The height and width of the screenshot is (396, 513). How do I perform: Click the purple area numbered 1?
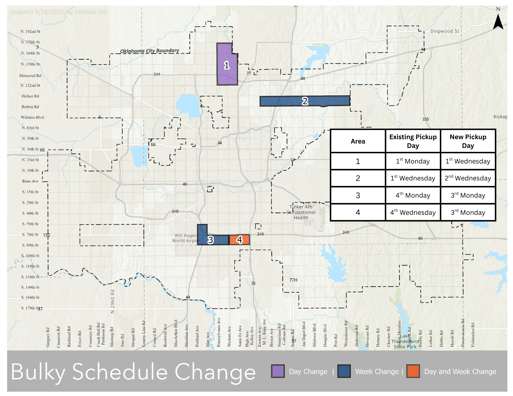coord(227,65)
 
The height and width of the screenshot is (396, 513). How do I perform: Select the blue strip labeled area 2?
coord(305,101)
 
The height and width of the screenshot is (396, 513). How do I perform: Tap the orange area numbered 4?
coord(239,240)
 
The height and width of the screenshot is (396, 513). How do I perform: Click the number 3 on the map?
coord(210,240)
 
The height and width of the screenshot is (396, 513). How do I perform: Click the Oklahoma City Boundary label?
coord(150,51)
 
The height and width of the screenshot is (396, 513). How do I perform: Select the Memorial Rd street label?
coord(30,76)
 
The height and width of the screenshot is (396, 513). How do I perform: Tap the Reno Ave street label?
coord(30,181)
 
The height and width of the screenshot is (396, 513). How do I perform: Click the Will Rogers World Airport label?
coord(186,238)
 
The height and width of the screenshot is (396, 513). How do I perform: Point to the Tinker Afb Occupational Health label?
coord(301,212)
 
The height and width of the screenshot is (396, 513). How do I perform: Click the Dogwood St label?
coord(444,31)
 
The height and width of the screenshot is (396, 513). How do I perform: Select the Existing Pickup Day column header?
coord(413,141)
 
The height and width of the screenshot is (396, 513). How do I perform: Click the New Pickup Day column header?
coord(468,141)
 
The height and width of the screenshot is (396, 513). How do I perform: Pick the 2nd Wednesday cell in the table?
coord(468,178)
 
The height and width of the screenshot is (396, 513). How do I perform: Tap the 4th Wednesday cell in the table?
coord(413,212)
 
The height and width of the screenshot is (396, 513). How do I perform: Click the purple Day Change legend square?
coord(278,371)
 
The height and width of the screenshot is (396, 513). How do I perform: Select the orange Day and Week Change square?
coord(413,371)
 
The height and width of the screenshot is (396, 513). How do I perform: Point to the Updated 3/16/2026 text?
coord(58,12)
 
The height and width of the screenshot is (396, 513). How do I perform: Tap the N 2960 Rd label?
coord(112,301)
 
